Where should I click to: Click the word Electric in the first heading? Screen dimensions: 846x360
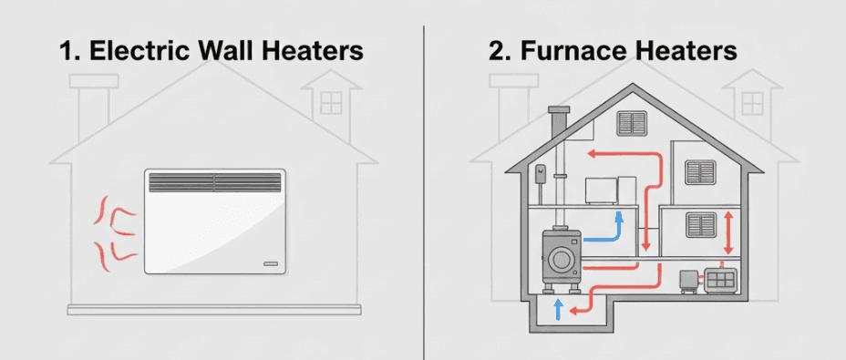[x=133, y=51]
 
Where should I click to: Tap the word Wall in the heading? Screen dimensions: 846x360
[x=235, y=51]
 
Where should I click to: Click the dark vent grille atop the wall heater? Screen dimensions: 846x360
[x=215, y=181]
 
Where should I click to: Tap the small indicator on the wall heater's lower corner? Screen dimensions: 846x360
[x=270, y=263]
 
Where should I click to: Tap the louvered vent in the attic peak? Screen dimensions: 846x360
[x=631, y=122]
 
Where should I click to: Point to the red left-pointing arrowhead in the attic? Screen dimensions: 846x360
[x=591, y=154]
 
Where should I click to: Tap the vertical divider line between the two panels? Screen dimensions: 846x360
[x=424, y=182]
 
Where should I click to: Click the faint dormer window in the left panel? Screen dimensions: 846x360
[x=333, y=99]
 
